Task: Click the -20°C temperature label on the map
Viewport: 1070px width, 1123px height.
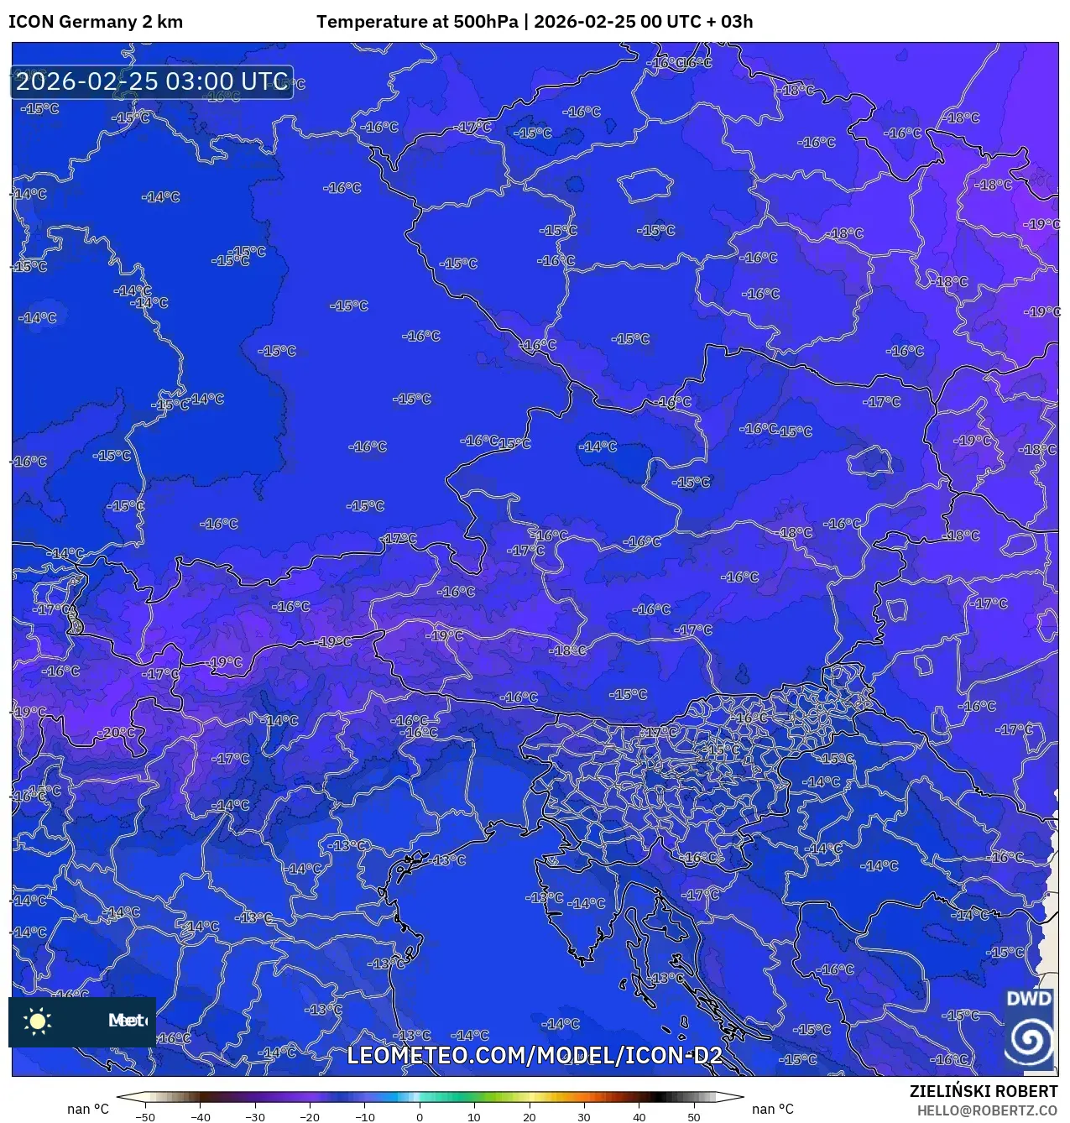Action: (x=117, y=732)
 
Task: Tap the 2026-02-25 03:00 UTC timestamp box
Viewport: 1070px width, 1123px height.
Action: (x=152, y=82)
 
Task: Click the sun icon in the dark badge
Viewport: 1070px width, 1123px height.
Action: (x=38, y=1021)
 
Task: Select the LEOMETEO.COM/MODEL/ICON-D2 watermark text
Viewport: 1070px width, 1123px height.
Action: (x=535, y=1055)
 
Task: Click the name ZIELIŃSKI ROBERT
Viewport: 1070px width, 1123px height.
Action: (x=984, y=1091)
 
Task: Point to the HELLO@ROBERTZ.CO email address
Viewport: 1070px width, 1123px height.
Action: (x=987, y=1110)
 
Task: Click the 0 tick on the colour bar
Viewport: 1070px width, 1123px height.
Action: (x=420, y=1116)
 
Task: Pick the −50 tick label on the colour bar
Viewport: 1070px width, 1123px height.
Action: (x=144, y=1116)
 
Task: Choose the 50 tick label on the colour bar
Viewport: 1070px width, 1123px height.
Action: (x=693, y=1116)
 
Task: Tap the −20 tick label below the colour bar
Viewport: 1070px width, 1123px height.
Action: (x=309, y=1116)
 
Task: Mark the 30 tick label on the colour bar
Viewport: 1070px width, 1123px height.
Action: (x=584, y=1116)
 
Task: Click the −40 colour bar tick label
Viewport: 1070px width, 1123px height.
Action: (x=200, y=1116)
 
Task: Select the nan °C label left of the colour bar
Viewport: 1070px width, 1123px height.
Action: (x=88, y=1109)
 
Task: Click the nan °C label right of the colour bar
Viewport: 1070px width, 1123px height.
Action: (x=773, y=1109)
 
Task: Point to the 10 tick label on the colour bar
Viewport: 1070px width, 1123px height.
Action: (x=474, y=1116)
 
